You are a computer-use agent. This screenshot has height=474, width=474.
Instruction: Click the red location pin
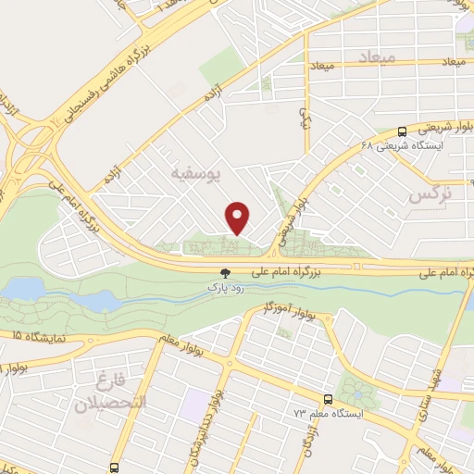pyautogui.click(x=239, y=217)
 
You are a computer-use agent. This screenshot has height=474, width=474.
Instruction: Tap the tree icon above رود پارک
pyautogui.click(x=225, y=272)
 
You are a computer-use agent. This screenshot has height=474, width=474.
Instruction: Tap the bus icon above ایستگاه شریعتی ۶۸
pyautogui.click(x=402, y=131)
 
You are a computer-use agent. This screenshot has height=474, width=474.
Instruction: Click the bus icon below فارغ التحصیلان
pyautogui.click(x=114, y=468)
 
